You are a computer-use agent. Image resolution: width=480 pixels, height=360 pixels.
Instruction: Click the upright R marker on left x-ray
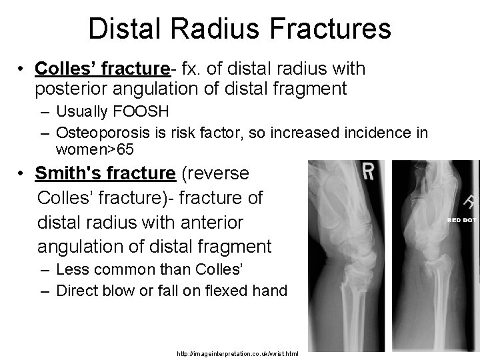pos(368,172)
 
